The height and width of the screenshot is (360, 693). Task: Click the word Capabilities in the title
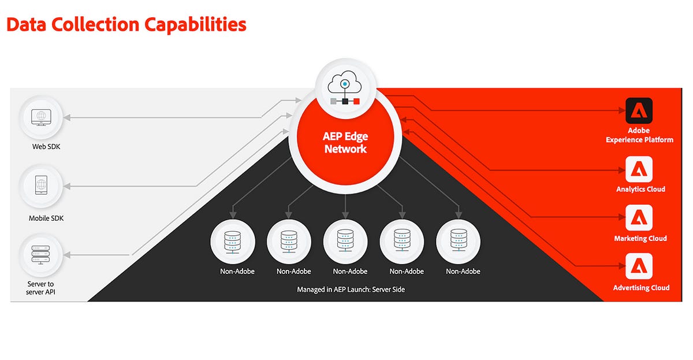pos(195,25)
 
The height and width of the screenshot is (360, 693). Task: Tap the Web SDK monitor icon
pos(41,117)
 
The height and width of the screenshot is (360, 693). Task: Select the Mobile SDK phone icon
pos(41,185)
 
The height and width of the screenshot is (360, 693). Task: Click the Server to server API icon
pos(40,255)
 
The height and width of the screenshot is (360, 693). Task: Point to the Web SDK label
pos(46,147)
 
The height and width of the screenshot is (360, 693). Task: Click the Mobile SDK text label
pos(46,218)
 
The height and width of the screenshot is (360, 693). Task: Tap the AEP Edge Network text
pos(345,143)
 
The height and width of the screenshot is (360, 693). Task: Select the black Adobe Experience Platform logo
pos(639,110)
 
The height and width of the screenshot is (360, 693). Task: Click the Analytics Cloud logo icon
pos(639,169)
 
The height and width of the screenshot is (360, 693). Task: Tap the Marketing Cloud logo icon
pos(639,218)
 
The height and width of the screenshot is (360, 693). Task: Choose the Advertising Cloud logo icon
pos(639,266)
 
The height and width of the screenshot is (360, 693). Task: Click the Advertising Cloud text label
pos(641,288)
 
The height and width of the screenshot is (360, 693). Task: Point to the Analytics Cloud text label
pos(640,189)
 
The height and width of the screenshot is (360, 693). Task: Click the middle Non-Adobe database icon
pos(345,241)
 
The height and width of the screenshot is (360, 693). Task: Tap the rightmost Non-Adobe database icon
pos(459,240)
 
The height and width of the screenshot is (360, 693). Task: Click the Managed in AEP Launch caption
pos(351,290)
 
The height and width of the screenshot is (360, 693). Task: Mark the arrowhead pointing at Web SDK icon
pos(67,117)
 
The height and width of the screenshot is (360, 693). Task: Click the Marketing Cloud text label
pos(640,238)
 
